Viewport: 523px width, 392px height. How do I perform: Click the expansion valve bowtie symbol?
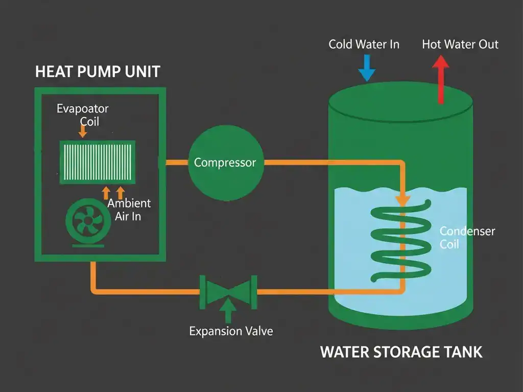coord(228,292)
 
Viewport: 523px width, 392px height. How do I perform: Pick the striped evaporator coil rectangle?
coord(97,162)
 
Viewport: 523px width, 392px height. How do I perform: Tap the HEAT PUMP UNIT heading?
coord(98,72)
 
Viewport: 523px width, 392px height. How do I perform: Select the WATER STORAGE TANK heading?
coord(401,352)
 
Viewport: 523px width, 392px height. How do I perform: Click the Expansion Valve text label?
coord(231,331)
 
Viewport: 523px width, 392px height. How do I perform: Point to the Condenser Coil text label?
coord(467,238)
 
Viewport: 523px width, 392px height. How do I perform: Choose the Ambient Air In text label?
coord(129,210)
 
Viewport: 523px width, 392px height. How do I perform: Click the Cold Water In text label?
coord(364,44)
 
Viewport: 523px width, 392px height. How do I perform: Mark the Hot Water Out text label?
coord(460,44)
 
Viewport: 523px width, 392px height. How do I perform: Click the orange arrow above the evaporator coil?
coord(83,131)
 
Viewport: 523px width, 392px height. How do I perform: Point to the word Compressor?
coord(225,163)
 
